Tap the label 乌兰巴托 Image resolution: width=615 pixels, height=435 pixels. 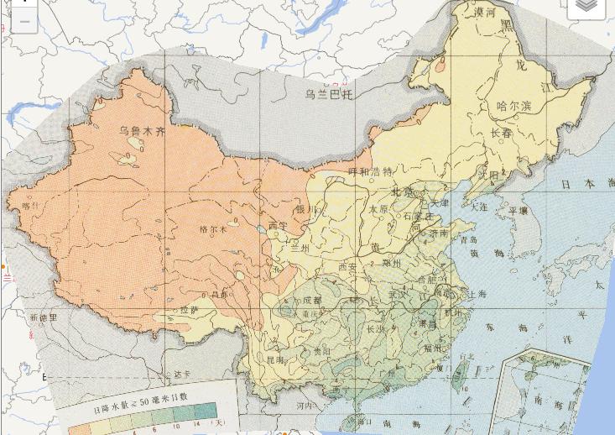tap(329, 94)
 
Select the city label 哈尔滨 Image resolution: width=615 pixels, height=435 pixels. tap(514, 106)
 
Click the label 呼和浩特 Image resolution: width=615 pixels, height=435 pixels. tap(370, 171)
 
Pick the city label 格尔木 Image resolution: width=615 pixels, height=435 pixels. tap(213, 228)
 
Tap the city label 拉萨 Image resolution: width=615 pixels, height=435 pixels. tap(190, 310)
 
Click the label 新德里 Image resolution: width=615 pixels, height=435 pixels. tap(43, 317)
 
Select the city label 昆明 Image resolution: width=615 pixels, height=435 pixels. tap(274, 359)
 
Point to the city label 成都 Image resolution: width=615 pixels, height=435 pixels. tap(311, 300)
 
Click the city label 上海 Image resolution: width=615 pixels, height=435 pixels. tap(477, 294)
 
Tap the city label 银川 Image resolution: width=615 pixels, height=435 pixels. tap(305, 209)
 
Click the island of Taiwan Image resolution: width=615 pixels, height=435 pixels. tap(461, 371)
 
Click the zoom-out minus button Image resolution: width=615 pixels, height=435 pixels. tap(24, 21)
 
